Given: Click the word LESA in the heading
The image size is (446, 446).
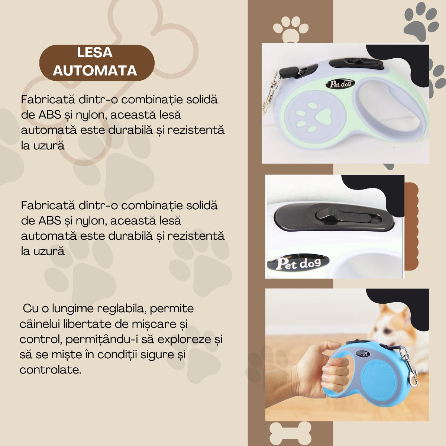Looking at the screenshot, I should tap(95, 53).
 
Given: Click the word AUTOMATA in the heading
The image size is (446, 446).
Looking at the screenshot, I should tap(95, 70).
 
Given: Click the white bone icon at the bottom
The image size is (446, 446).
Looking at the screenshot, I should tap(290, 433).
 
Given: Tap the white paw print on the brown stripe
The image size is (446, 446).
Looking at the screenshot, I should tap(290, 28).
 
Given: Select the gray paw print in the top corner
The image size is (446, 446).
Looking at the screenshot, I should tap(421, 22).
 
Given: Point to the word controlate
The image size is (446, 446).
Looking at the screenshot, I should tap(50, 370).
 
